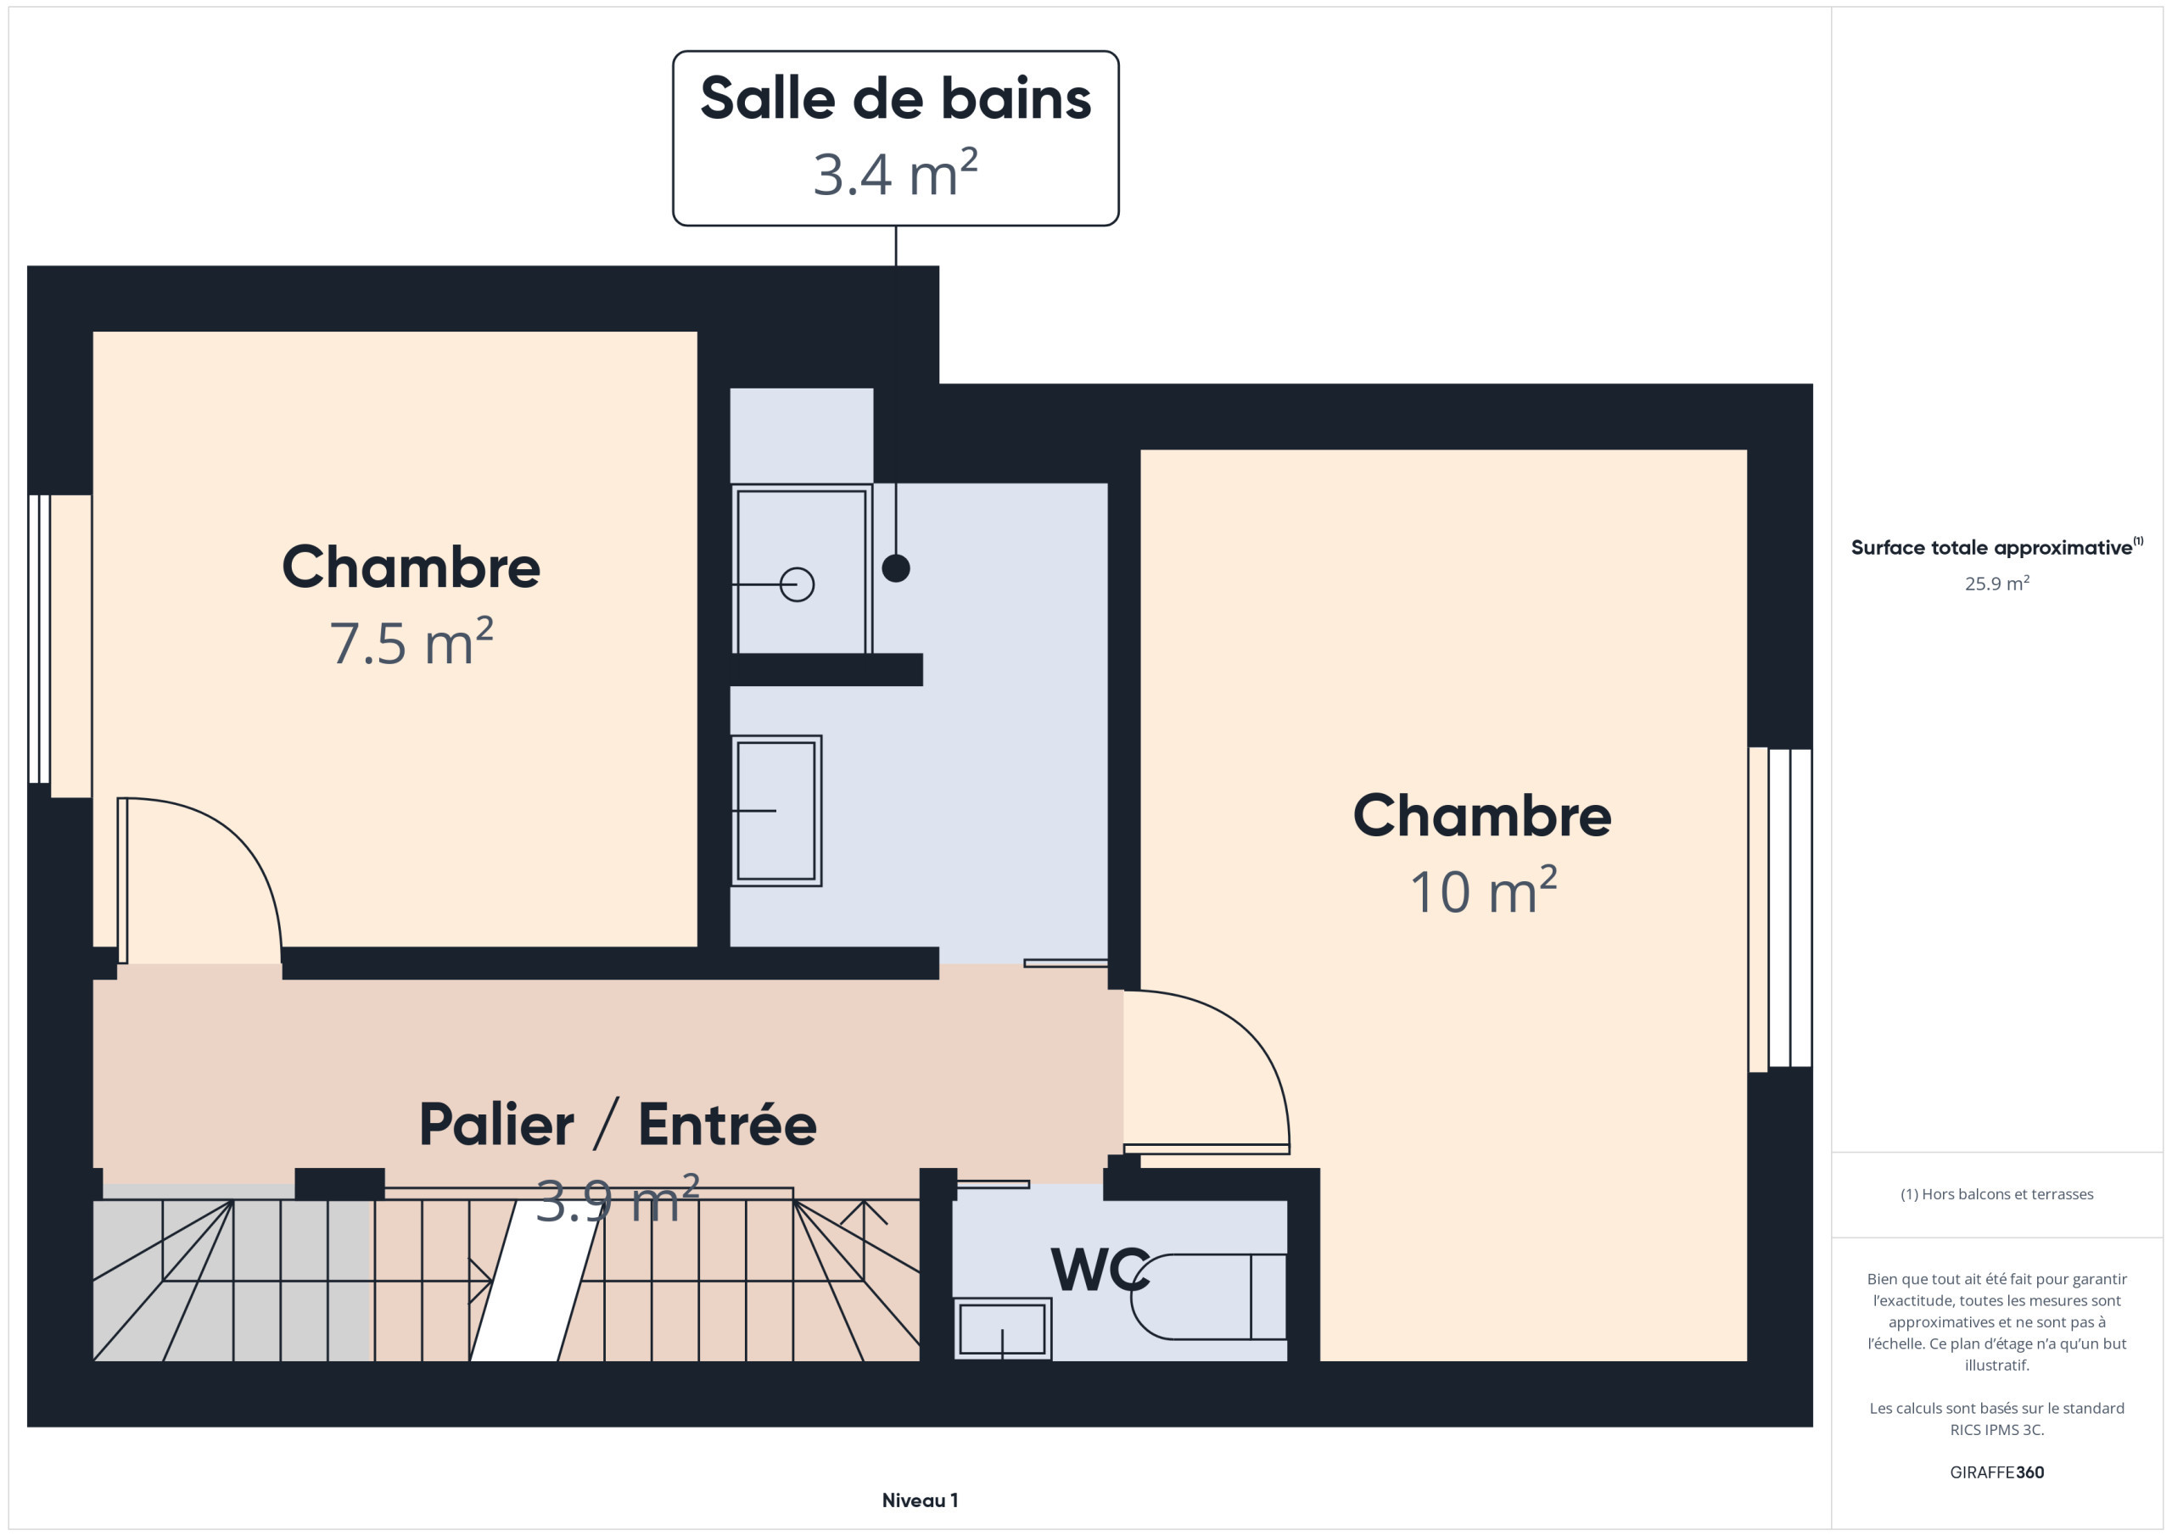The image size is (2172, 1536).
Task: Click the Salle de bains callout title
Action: click(x=895, y=98)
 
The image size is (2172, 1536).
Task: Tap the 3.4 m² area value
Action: click(x=895, y=174)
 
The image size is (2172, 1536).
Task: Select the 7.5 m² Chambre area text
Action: click(x=411, y=642)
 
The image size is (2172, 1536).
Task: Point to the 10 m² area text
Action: click(x=1482, y=891)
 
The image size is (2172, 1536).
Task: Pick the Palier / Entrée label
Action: click(x=618, y=1125)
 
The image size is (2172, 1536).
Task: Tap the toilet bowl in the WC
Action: click(x=1208, y=1297)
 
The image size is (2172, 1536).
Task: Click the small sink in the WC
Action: click(x=1002, y=1329)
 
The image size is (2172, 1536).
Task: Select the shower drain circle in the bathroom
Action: click(x=797, y=584)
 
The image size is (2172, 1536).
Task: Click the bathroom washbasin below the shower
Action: click(x=775, y=811)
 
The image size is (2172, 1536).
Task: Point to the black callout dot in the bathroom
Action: click(x=896, y=568)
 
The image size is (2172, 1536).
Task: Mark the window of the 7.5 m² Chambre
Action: click(x=59, y=646)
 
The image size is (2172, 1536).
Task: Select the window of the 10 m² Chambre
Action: click(x=1780, y=909)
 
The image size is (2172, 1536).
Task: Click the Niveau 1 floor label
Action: click(x=920, y=1500)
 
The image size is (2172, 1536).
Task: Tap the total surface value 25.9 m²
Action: click(x=1997, y=584)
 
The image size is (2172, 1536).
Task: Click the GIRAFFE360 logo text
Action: click(x=1997, y=1472)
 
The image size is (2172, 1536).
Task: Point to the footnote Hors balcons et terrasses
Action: click(x=1997, y=1194)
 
